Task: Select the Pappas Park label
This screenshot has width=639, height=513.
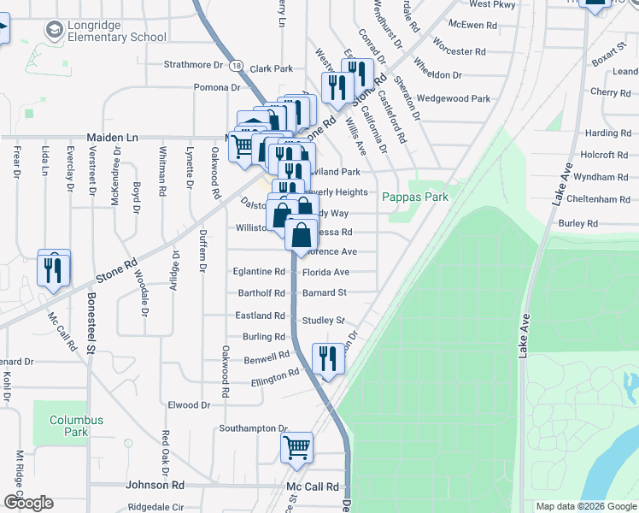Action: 414,197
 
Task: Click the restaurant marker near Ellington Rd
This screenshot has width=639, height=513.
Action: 327,358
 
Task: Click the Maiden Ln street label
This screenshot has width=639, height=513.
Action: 112,137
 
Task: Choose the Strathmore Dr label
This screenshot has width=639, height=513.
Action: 193,65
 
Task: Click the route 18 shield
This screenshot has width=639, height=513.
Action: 236,66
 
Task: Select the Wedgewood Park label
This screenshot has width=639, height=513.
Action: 454,99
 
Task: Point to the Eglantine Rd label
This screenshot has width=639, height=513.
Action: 259,272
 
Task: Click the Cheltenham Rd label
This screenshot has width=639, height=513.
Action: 601,199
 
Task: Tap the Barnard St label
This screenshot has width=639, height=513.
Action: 324,292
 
